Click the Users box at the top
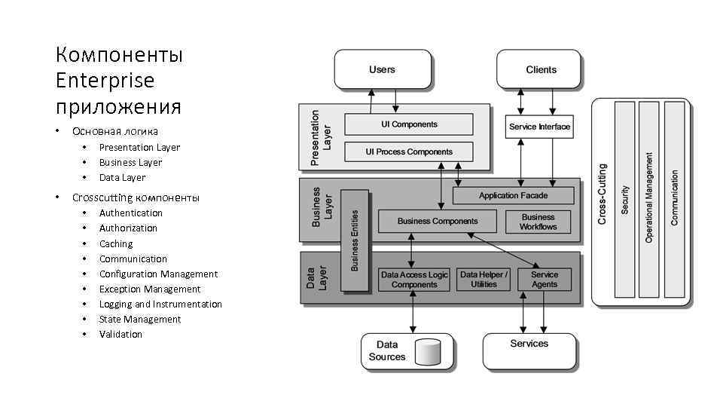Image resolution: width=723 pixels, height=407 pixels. (x=383, y=70)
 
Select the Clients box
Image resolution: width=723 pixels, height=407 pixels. (x=540, y=70)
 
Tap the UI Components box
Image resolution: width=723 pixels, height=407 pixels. (x=408, y=124)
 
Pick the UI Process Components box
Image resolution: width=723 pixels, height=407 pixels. (x=408, y=151)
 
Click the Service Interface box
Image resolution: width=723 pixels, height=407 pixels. (x=539, y=127)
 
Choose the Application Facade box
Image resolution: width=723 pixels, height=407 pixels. (x=513, y=196)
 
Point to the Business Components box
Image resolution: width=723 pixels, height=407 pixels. (x=437, y=222)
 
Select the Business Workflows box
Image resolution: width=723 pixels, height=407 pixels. (x=538, y=222)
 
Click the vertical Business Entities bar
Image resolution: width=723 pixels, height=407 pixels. (x=355, y=240)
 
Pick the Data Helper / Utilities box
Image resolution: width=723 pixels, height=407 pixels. (x=484, y=280)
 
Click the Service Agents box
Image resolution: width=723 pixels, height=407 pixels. (x=545, y=280)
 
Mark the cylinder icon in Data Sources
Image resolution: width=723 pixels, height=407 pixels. (x=428, y=352)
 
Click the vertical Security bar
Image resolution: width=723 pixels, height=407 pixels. (x=625, y=200)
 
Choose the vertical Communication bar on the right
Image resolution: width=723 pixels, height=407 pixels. (x=674, y=200)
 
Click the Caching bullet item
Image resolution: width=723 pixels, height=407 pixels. (x=116, y=243)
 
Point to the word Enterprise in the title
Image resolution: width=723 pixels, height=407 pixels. (x=105, y=81)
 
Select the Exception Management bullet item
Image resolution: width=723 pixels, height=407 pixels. (x=150, y=289)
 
